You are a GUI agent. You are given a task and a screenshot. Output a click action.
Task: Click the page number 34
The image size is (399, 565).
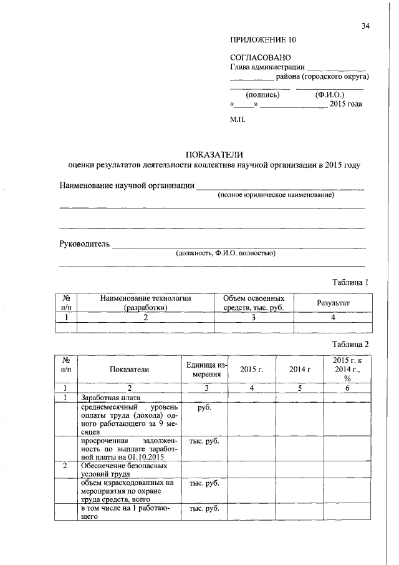365,26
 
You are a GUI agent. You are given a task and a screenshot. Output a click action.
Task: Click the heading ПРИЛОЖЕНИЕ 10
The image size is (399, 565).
262,39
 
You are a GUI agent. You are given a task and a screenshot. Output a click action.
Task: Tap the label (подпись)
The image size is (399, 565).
262,95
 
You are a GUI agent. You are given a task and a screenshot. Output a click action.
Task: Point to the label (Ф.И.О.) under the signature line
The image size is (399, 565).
330,95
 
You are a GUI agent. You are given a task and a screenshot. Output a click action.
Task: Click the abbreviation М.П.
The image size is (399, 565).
238,119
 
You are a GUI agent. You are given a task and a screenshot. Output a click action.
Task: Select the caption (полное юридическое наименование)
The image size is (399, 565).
276,195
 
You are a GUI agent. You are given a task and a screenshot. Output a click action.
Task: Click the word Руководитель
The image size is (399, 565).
84,243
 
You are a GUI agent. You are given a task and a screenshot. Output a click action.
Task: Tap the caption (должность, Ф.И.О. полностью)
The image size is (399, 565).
226,253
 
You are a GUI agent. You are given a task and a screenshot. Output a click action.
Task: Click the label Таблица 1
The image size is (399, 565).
350,282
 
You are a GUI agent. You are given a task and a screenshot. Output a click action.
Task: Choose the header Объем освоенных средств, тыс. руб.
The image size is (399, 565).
254,303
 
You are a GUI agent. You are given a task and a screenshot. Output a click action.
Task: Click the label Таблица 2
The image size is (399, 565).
350,344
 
